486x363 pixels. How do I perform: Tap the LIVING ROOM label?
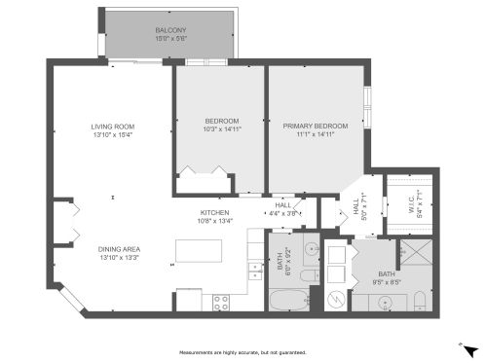(113, 127)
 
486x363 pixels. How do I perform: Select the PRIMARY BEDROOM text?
(315, 127)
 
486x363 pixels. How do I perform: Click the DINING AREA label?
(119, 249)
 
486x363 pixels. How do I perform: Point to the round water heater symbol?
(336, 299)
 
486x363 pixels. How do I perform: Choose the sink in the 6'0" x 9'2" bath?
(311, 249)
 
